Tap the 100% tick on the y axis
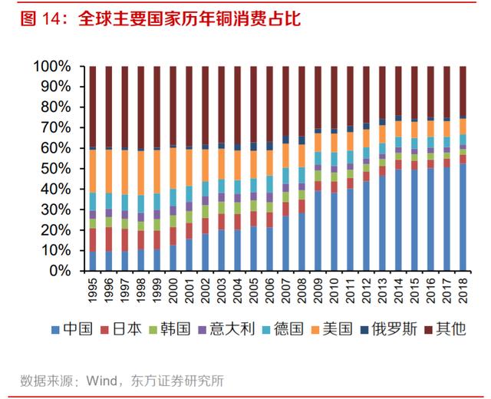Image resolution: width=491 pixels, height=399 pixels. (52, 67)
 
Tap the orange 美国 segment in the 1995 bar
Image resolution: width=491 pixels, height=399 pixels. (93, 171)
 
